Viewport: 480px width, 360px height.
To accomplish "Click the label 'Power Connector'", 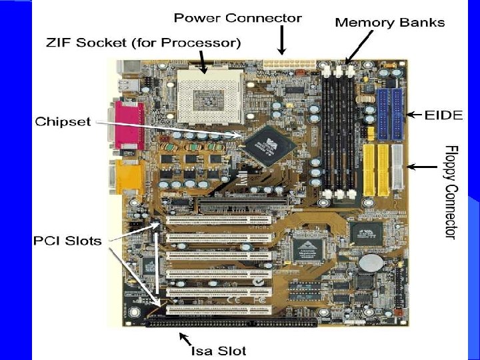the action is [x=238, y=18].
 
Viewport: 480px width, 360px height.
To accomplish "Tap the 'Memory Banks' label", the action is [x=389, y=23].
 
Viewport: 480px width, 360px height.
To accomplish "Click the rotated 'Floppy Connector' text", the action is [x=451, y=191].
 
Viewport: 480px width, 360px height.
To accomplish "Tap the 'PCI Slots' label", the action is [x=67, y=241].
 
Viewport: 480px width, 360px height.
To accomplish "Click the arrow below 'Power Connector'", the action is [x=282, y=43].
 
